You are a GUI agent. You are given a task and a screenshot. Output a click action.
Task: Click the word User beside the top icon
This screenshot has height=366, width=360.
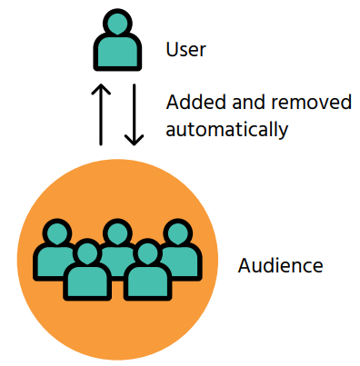pos(185,49)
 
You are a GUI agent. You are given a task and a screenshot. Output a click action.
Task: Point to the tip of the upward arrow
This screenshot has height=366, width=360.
pos(102,87)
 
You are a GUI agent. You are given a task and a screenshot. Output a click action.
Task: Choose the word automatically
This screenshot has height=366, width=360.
pos(226,128)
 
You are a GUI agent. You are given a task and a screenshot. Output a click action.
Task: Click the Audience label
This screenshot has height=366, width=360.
pos(280,266)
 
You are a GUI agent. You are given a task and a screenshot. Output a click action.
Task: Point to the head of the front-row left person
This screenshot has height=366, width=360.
pos(86,254)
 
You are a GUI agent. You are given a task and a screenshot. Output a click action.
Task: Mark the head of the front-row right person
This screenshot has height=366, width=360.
pos(146,254)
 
